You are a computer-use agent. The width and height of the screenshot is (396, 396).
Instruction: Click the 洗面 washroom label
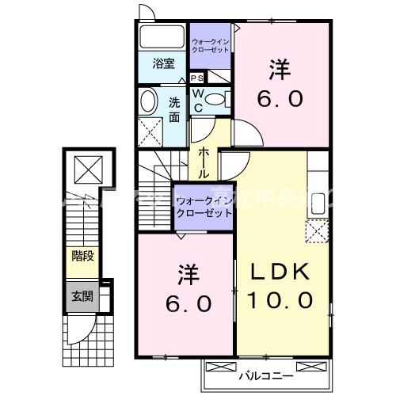[x=174, y=109]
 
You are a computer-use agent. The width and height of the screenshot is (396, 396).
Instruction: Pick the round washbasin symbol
[x=149, y=102]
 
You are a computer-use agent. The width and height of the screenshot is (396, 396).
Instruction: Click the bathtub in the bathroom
[x=162, y=37]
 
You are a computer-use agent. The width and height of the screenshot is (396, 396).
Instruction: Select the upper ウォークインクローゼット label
[x=211, y=44]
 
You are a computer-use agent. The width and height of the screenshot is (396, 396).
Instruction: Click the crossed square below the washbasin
[x=149, y=130]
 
